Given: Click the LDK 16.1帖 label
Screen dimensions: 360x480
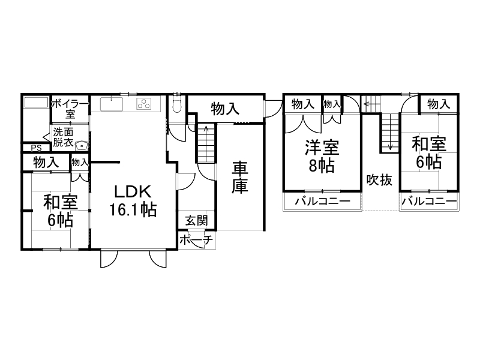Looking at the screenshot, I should (133, 202).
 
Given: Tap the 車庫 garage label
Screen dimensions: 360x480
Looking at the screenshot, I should (240, 177).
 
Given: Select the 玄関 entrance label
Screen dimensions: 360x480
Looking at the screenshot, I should (196, 221).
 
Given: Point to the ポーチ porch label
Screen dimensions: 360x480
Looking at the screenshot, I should (196, 241).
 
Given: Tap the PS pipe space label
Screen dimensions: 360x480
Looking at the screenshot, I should (35, 148).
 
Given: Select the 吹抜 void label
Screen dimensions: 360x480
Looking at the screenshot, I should (380, 180).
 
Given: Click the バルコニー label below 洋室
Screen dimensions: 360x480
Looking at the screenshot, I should (322, 202).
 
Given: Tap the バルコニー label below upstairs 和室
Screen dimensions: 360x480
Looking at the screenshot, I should (428, 202).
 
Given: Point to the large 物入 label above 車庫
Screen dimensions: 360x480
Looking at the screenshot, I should (226, 109).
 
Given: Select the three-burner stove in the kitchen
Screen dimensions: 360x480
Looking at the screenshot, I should (145, 104).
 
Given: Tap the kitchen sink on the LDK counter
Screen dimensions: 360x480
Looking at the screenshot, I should (111, 104).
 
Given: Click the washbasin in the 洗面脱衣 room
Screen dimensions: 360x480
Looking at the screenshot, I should (82, 145).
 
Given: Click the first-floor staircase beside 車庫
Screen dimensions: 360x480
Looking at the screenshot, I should (205, 144).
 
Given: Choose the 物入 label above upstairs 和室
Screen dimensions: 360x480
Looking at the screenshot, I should (438, 104).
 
